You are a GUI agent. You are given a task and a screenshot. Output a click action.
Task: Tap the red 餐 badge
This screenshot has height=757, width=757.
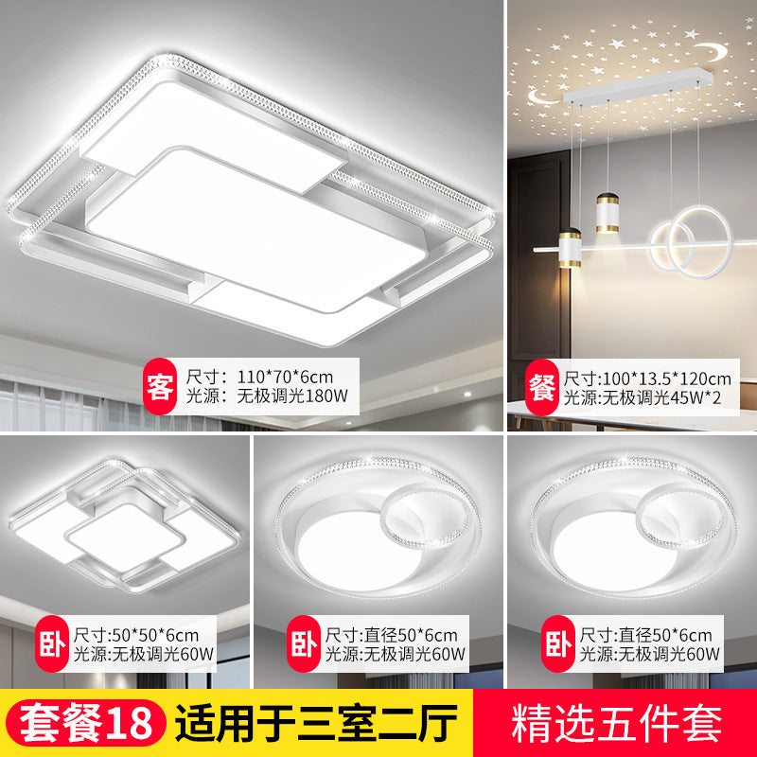click(x=540, y=385)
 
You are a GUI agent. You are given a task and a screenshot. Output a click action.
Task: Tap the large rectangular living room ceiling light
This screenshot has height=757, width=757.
click(x=255, y=218)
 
